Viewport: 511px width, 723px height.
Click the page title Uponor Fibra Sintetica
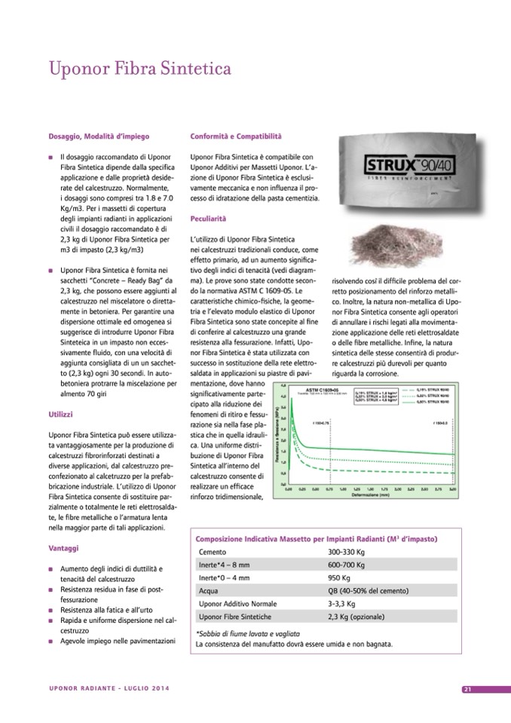[139, 69]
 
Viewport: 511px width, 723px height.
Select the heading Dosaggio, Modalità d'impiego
[98, 136]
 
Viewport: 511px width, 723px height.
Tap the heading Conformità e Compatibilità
[235, 136]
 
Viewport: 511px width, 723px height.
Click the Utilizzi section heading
[60, 415]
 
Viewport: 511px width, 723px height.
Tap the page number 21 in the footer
[467, 689]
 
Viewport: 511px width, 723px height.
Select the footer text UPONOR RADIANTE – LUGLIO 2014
[109, 688]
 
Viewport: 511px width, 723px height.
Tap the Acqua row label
[208, 591]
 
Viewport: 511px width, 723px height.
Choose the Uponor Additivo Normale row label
[236, 604]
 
